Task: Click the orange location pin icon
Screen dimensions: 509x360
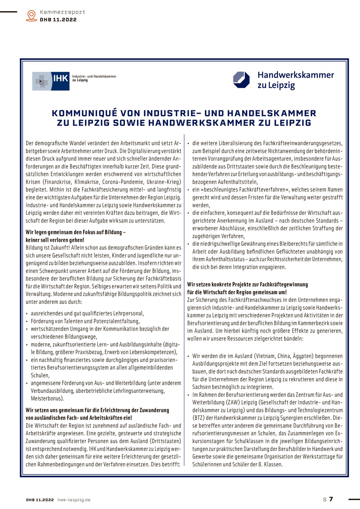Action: pos(31,15)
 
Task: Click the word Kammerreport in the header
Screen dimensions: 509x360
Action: pos(62,12)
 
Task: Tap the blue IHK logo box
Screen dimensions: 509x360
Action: pos(60,81)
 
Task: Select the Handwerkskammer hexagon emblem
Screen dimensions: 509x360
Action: pos(241,80)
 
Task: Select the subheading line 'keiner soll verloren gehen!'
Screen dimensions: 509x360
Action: pos(55,240)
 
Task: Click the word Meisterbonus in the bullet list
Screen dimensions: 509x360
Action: pos(47,399)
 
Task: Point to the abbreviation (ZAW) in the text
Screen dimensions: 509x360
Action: pos(232,402)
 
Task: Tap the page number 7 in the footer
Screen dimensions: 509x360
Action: pos(331,499)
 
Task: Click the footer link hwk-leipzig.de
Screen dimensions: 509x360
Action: pos(74,500)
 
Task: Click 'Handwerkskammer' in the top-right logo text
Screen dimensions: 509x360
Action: pos(295,75)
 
